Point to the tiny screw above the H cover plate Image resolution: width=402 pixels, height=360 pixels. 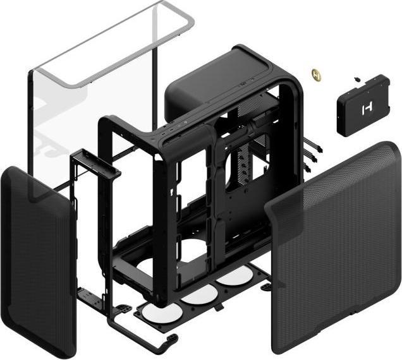357,80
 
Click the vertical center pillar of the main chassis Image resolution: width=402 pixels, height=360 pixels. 218,202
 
